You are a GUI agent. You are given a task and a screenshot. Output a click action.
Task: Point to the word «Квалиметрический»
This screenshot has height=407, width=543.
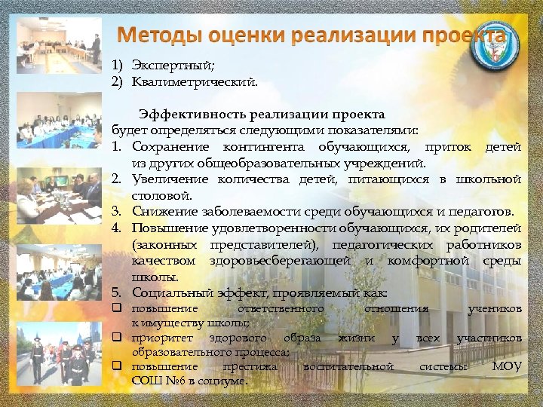point(194,81)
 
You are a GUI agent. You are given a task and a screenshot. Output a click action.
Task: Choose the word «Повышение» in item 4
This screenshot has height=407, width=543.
point(169,228)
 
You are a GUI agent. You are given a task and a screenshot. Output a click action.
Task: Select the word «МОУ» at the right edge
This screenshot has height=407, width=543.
point(506,366)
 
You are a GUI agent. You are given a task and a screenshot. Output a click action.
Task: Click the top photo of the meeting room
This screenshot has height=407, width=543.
point(59,44)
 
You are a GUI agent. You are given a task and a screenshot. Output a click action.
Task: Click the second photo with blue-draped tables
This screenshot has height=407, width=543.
point(59,121)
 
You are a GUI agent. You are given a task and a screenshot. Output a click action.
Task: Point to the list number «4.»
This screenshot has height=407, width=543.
point(119,228)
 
